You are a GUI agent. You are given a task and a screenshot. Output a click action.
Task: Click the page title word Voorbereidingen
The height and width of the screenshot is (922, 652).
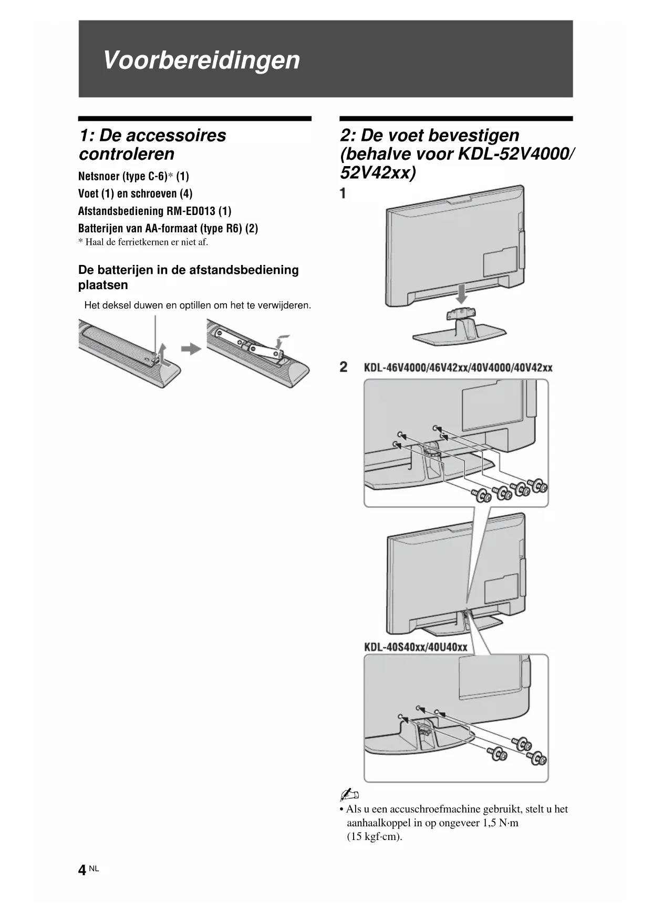[x=201, y=60]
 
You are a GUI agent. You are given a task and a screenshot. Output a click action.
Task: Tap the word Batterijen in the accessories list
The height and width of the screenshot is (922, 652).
[x=100, y=229]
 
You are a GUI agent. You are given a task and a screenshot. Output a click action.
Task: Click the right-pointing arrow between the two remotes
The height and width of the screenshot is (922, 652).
[x=191, y=349]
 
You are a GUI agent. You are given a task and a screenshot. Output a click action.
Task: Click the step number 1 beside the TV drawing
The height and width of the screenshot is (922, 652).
[x=343, y=193]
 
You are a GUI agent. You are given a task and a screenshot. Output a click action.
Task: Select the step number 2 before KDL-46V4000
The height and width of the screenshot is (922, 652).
[x=344, y=367]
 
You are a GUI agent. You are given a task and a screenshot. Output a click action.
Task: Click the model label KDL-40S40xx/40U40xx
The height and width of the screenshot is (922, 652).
[x=416, y=647]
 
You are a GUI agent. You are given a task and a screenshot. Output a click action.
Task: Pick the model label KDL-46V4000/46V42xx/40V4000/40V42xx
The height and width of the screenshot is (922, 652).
[x=458, y=367]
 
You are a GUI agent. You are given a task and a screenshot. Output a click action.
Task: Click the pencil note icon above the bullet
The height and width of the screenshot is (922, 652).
[x=349, y=794]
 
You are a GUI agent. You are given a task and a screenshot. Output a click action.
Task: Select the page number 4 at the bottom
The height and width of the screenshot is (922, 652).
[x=82, y=870]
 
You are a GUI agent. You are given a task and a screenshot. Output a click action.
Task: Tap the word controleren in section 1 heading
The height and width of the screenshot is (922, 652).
[x=127, y=154]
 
